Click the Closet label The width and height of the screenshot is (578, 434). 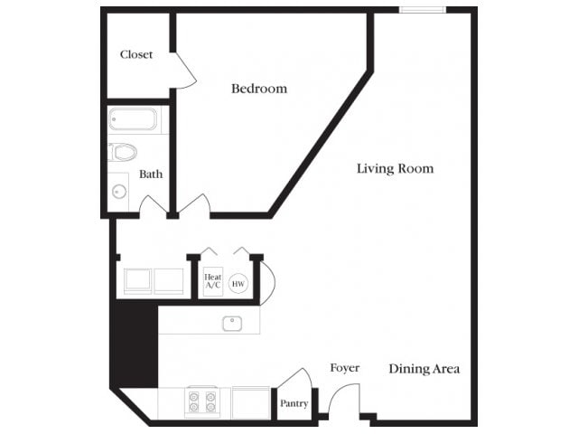(x=136, y=54)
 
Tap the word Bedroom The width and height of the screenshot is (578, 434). (x=259, y=89)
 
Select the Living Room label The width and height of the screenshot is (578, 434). (x=395, y=168)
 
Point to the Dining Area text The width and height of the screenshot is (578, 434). (x=424, y=369)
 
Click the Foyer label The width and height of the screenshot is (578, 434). (x=344, y=368)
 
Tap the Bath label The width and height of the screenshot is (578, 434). (x=151, y=174)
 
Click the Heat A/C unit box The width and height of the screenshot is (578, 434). (x=213, y=282)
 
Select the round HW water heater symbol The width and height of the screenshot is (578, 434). (x=238, y=284)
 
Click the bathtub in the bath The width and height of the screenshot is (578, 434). (x=133, y=119)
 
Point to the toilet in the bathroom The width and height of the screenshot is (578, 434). (x=122, y=152)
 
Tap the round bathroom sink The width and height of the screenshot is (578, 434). (x=119, y=191)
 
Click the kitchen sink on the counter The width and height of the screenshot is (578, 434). (x=231, y=321)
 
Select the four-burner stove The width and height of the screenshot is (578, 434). (x=202, y=401)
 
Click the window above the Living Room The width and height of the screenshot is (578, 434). (x=423, y=10)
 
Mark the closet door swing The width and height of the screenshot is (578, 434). (x=185, y=71)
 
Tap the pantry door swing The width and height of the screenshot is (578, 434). (x=293, y=380)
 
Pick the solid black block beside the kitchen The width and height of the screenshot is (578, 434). (x=134, y=344)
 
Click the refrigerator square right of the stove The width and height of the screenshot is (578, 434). (x=250, y=402)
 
